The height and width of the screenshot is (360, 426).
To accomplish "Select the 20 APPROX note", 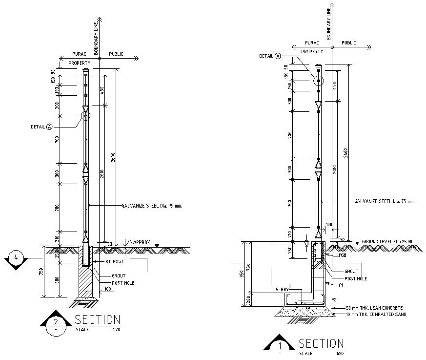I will (x=138, y=242).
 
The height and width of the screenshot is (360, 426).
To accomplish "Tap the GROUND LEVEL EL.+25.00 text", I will (x=386, y=241).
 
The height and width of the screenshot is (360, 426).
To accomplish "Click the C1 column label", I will (x=341, y=284).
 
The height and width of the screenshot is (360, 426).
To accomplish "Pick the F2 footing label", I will (x=334, y=299).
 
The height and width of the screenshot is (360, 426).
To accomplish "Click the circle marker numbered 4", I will (x=16, y=257).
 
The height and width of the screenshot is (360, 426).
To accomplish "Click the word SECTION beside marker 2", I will (x=97, y=320).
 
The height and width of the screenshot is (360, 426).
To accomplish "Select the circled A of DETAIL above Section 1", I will (x=278, y=56).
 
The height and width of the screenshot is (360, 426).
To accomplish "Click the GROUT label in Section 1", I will (x=351, y=271).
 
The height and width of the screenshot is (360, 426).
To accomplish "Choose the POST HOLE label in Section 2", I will (x=123, y=283).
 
